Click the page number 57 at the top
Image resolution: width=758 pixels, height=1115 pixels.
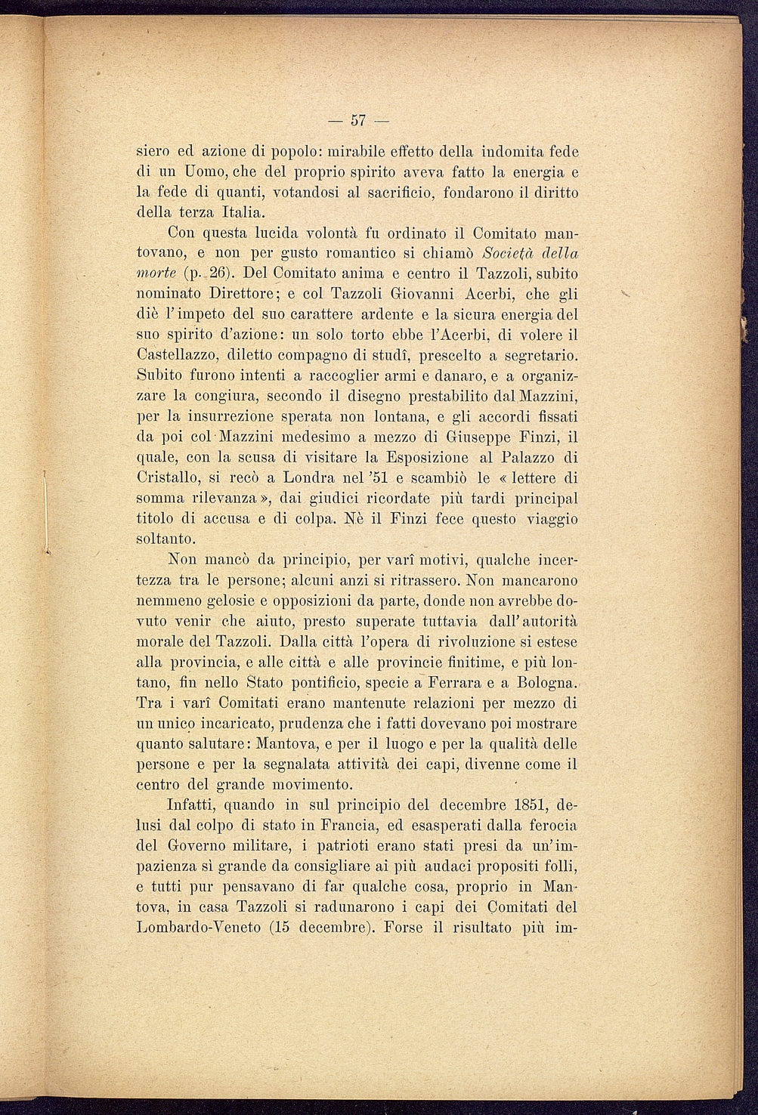358,120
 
